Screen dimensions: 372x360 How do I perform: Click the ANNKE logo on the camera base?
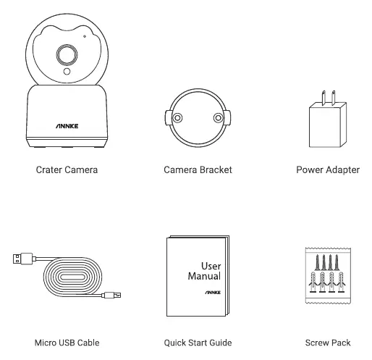point(67,126)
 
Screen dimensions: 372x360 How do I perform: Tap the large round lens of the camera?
point(67,55)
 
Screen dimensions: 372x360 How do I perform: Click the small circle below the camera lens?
point(67,72)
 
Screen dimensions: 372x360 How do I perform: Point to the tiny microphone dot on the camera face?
point(85,36)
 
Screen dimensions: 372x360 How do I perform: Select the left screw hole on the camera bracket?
point(177,118)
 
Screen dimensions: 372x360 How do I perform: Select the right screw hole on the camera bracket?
point(218,118)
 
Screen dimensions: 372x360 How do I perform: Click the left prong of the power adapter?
point(324,99)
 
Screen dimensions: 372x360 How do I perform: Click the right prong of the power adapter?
point(333,98)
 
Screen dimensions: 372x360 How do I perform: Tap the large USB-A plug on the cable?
point(22,259)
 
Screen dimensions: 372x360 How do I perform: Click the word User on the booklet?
point(211,266)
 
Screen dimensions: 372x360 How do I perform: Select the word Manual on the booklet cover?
point(204,276)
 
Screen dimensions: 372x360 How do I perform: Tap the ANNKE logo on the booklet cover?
point(213,293)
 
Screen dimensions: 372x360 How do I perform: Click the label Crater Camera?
point(67,169)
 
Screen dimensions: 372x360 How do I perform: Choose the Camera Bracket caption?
point(198,169)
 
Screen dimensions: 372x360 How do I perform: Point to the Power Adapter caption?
point(328,169)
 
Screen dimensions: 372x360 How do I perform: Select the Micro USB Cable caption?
point(67,343)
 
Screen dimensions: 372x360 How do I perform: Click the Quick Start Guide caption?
point(198,343)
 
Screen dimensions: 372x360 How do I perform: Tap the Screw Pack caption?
point(328,343)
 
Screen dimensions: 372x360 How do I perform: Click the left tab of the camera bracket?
point(168,118)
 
